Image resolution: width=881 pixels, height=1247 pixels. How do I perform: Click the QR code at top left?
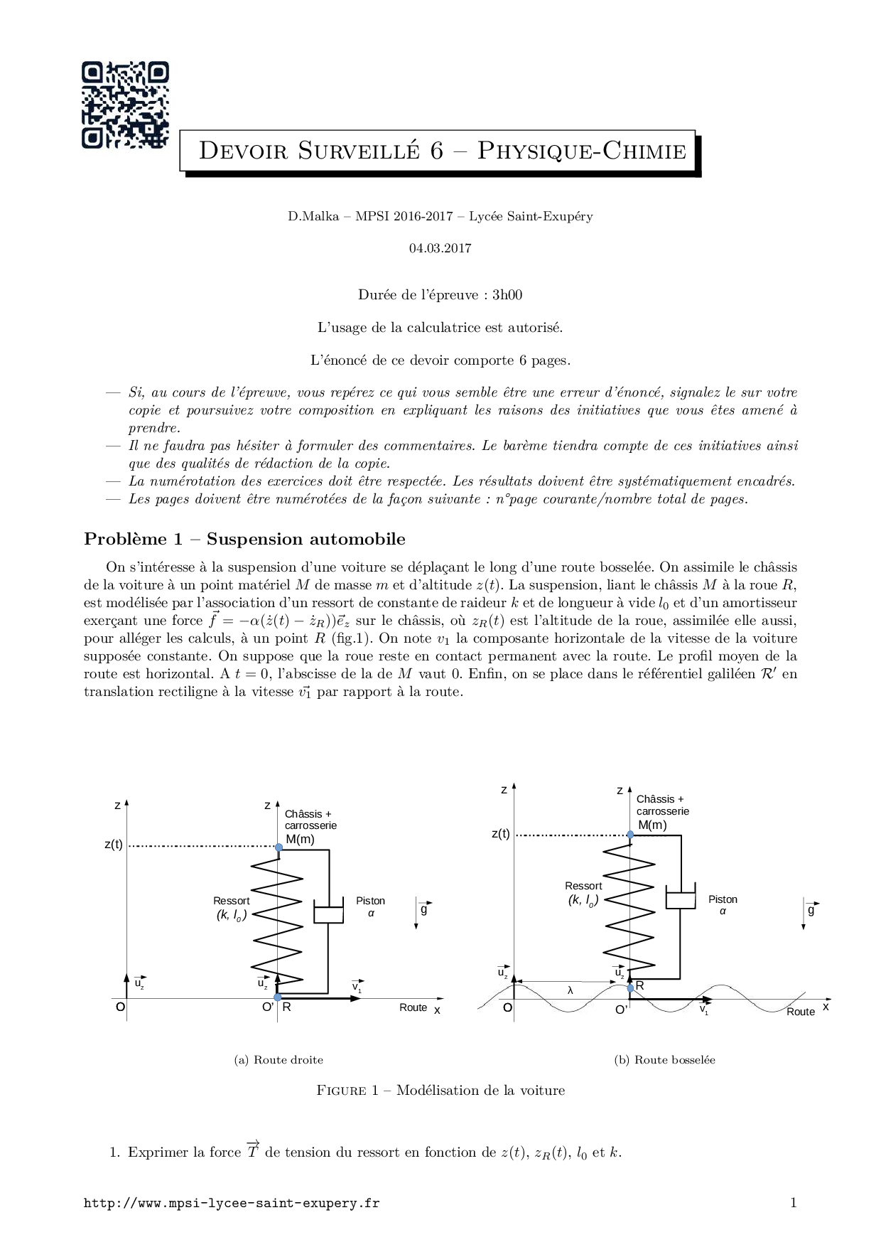pos(126,105)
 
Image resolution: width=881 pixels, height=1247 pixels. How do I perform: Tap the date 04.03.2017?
pos(440,248)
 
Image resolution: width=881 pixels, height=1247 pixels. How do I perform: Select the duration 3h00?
pos(507,294)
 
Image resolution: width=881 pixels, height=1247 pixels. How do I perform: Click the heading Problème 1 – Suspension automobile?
pos(244,539)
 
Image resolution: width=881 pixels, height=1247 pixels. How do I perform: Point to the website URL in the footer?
pos(232,1203)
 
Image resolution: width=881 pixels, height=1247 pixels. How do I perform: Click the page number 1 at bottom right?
pos(793,1202)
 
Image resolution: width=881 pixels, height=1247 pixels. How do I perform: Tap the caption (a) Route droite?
pos(279,1059)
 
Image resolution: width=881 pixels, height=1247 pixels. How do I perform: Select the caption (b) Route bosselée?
pos(664,1059)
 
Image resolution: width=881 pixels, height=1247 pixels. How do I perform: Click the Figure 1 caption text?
pos(440,1090)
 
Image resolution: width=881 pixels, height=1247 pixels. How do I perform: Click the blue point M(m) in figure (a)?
pos(279,847)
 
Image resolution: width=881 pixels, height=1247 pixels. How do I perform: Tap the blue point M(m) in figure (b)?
pos(630,835)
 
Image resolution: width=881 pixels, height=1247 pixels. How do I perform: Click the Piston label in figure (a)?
pos(370,900)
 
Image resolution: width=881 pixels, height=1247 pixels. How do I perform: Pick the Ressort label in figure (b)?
pos(583,886)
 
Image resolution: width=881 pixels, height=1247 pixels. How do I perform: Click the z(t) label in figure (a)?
pos(114,845)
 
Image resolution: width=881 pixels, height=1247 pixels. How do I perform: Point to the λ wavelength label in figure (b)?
pos(570,990)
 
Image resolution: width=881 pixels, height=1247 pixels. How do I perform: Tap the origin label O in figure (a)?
pos(120,1007)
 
